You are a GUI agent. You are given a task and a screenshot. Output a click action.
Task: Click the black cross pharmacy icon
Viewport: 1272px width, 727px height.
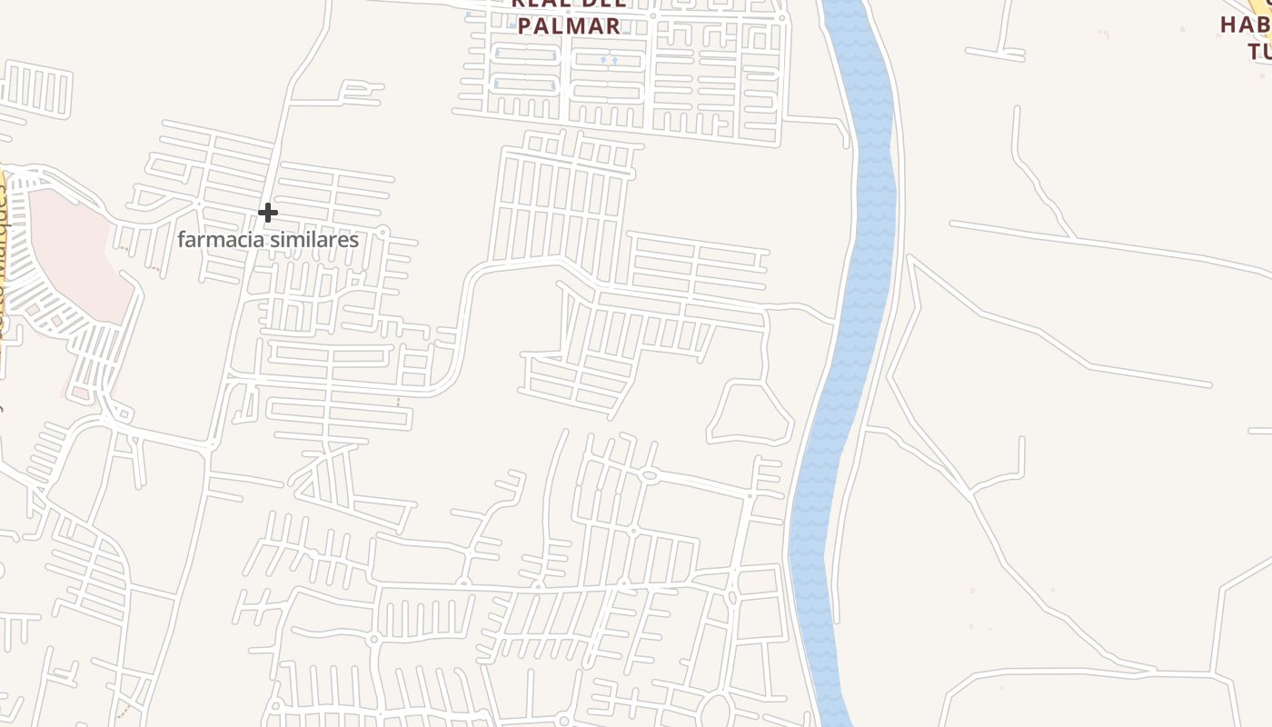coord(267,213)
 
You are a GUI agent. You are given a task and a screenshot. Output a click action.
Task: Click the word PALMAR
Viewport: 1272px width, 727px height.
coord(570,25)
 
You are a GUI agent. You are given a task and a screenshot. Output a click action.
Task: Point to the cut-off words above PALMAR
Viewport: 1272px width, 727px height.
coord(570,4)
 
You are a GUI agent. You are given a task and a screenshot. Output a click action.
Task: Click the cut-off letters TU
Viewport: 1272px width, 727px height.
coord(1259,50)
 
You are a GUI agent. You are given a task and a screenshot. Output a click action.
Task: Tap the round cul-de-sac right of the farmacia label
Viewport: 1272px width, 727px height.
coord(383,232)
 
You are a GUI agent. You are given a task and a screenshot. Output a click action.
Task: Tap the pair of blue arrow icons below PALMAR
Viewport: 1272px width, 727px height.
coord(609,61)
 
